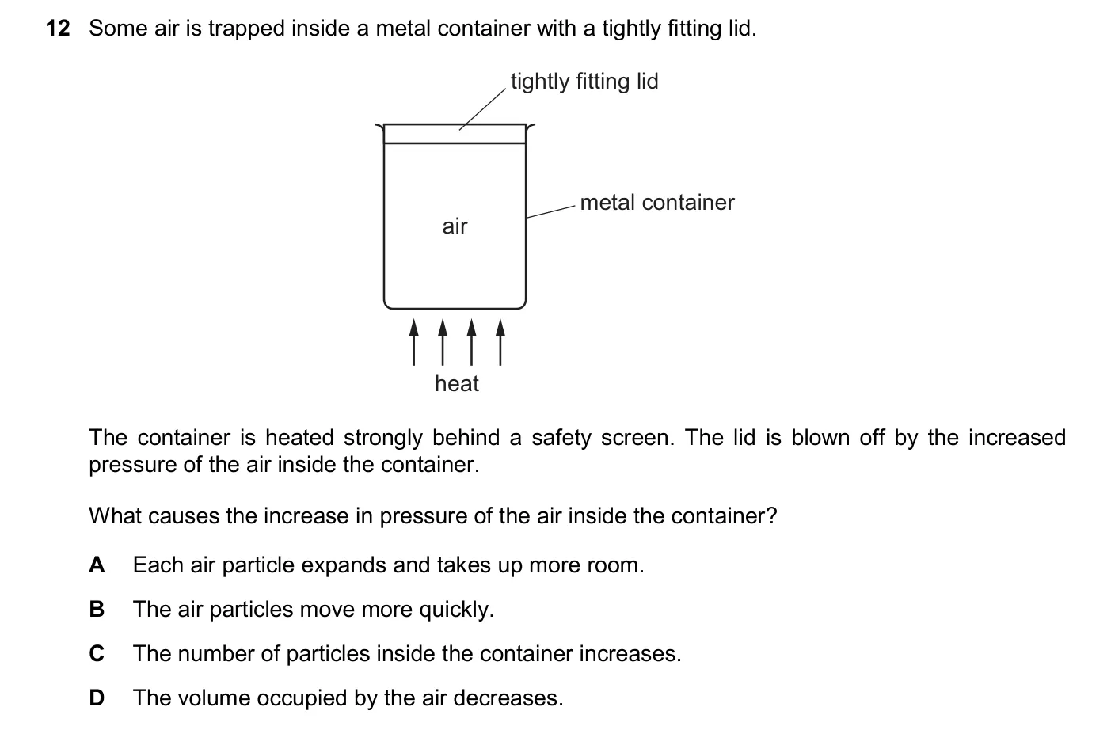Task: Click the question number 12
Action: pyautogui.click(x=58, y=29)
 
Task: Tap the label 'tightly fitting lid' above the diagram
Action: pyautogui.click(x=584, y=82)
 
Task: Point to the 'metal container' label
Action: pyautogui.click(x=657, y=203)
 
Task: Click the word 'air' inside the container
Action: pyautogui.click(x=455, y=226)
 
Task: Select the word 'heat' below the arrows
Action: pyautogui.click(x=457, y=383)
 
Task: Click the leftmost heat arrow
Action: pyautogui.click(x=413, y=342)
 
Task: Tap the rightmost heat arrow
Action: pyautogui.click(x=500, y=342)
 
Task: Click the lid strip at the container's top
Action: pyautogui.click(x=455, y=134)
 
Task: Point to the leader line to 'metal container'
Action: pyautogui.click(x=550, y=211)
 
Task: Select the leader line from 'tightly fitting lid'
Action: pyautogui.click(x=482, y=109)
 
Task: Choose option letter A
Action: pyautogui.click(x=97, y=565)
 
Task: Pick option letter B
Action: pyautogui.click(x=97, y=609)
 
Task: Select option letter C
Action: pyautogui.click(x=97, y=653)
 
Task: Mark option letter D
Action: pyautogui.click(x=97, y=698)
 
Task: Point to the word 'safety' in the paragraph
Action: pyautogui.click(x=561, y=439)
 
